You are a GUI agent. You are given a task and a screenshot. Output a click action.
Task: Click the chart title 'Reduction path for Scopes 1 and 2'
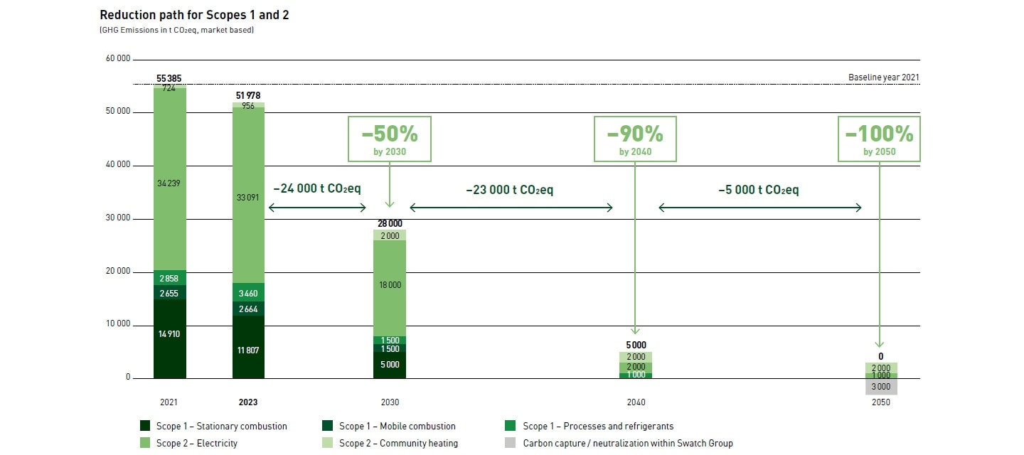tap(184, 15)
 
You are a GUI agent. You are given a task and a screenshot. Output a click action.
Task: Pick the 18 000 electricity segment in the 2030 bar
tap(390, 285)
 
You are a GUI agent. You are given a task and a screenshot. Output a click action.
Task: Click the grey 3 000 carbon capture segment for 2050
tap(880, 387)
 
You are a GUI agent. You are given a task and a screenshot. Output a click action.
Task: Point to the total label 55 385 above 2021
tap(169, 78)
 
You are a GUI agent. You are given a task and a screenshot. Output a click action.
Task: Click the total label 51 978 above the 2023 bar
tap(248, 95)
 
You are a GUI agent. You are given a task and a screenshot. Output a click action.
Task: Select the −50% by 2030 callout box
tap(389, 139)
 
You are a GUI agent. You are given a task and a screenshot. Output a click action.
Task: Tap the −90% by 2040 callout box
tap(635, 139)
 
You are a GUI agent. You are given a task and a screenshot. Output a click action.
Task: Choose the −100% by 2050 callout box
tap(879, 139)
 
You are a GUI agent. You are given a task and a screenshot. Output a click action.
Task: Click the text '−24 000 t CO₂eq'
tap(317, 189)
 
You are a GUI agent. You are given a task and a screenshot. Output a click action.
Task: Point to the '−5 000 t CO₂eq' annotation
tap(759, 190)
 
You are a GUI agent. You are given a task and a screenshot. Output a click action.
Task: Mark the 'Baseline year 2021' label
tap(884, 77)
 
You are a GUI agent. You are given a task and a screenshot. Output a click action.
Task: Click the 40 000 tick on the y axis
tap(119, 165)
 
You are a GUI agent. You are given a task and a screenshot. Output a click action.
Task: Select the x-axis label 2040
tap(636, 402)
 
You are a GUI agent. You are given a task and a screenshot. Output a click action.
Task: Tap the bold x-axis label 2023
tap(248, 402)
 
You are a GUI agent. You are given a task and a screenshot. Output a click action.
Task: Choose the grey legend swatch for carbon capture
tap(511, 444)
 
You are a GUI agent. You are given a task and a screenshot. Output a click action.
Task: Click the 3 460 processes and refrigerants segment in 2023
tap(248, 292)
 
